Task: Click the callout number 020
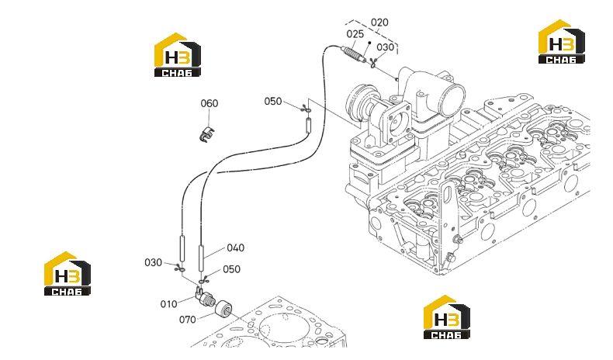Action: coord(379,22)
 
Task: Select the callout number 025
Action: coord(355,34)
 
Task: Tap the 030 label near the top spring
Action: coord(385,47)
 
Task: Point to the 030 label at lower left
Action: coord(154,262)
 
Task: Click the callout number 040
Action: coord(235,247)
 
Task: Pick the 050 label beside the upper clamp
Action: coord(273,101)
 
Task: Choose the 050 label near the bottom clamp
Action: coord(231,269)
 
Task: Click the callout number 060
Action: coord(210,104)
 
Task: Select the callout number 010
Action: coord(169,303)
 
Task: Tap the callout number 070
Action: coord(188,320)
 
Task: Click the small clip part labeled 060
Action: coord(207,134)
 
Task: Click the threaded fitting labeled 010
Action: coord(205,297)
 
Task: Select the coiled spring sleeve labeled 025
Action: coord(353,54)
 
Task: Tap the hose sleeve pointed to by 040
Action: coord(201,258)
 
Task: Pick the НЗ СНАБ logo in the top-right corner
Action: coord(561,41)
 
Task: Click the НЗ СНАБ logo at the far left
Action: coord(68,273)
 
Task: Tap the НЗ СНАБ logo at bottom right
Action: coord(447,317)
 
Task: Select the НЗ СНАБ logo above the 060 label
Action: coord(178,54)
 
